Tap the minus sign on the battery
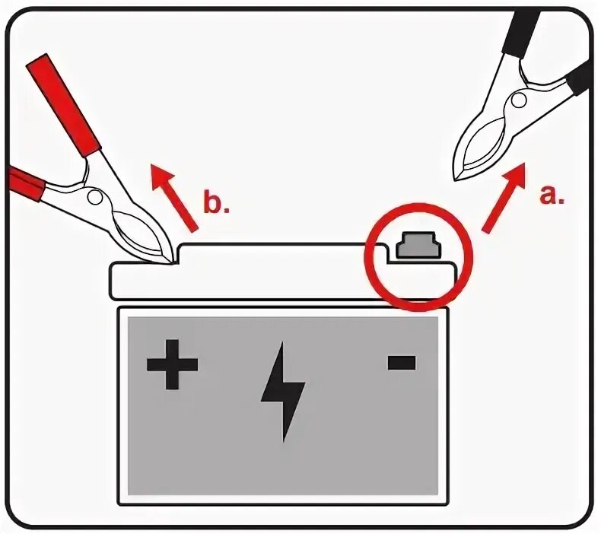pos(401,362)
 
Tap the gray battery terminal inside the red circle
pos(417,245)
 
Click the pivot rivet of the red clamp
pos(97,195)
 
